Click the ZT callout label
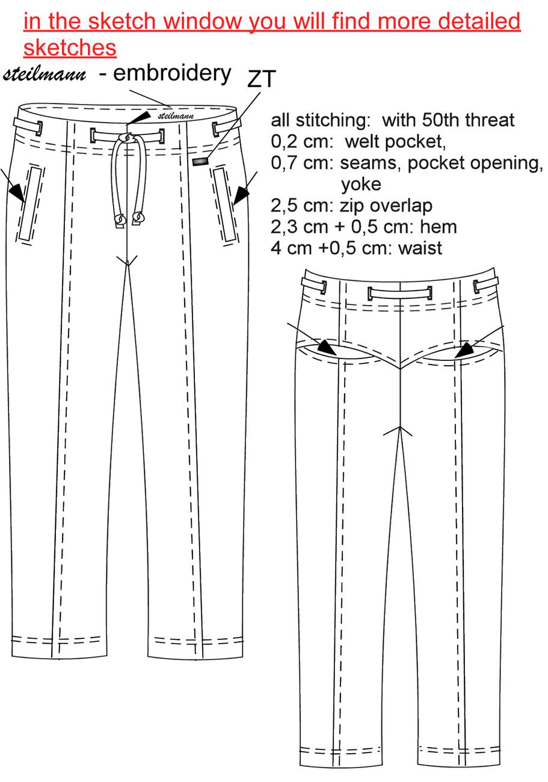coord(262,79)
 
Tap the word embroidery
coord(172,75)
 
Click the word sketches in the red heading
coord(70,48)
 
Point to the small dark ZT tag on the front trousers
coord(200,161)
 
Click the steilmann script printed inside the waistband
coord(176,115)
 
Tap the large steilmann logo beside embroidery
coord(45,75)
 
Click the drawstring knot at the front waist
coord(126,138)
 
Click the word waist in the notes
coord(420,248)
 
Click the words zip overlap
coord(386,206)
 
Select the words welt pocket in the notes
coord(395,142)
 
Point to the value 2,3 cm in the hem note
coord(299,227)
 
